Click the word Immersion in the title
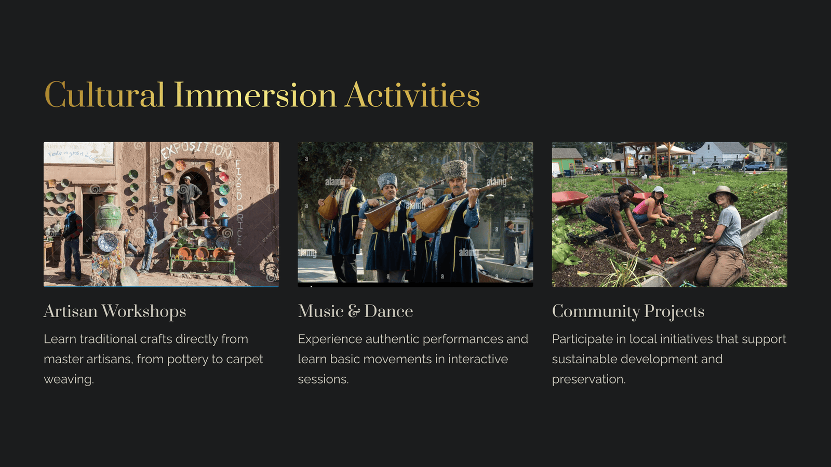(255, 95)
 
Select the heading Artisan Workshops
(115, 311)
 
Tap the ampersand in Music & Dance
(354, 311)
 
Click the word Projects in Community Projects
(674, 311)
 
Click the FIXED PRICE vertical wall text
(238, 202)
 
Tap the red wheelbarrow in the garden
(569, 200)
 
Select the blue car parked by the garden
(757, 166)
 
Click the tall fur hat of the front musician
(455, 170)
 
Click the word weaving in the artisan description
(69, 379)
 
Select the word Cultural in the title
(104, 95)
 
